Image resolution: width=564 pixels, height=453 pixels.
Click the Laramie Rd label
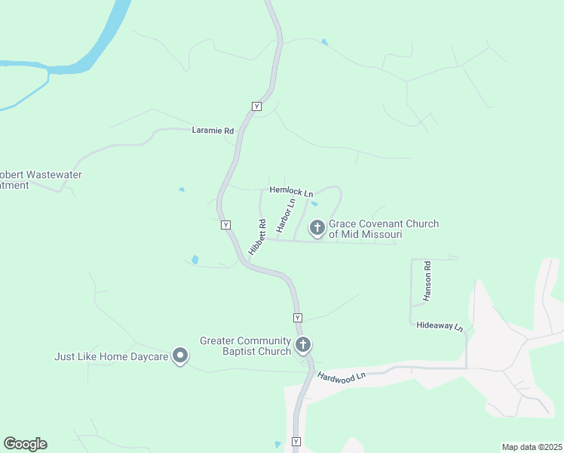pos(213,131)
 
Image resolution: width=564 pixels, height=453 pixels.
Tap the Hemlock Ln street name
pos(291,193)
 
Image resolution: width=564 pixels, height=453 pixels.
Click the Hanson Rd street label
pos(427,282)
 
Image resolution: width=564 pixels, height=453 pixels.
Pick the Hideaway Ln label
pos(440,325)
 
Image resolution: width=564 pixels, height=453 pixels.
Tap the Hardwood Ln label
pos(341,375)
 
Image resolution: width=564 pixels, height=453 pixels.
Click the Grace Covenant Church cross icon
pos(317,226)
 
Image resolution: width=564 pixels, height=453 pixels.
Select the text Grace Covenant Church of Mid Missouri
pos(383,230)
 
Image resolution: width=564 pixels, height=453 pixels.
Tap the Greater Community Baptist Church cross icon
pos(303,345)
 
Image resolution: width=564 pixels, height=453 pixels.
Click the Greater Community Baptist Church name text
pos(245,346)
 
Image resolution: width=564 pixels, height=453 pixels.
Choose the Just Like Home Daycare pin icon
pos(180,355)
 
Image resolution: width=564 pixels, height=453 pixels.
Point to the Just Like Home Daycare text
pos(111,356)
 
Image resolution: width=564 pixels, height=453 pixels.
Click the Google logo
pos(25,444)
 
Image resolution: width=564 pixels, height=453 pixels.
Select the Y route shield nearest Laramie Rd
pos(256,106)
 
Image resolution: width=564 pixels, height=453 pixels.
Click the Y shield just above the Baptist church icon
pos(298,318)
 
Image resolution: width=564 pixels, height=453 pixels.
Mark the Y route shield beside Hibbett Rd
pos(225,225)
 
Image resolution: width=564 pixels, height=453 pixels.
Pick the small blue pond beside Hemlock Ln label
pos(314,203)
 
